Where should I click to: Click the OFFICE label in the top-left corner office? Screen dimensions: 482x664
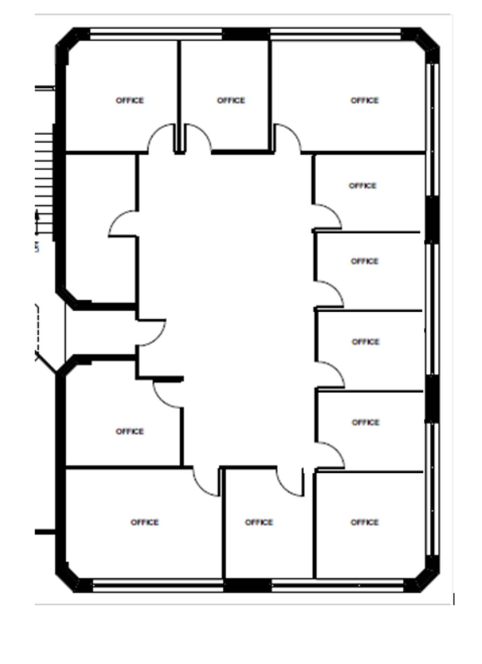pyautogui.click(x=130, y=100)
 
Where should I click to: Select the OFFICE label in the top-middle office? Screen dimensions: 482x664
pyautogui.click(x=231, y=100)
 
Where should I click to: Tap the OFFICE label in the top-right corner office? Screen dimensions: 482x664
pyautogui.click(x=365, y=100)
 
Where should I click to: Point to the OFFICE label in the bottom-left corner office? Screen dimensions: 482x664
pyautogui.click(x=145, y=522)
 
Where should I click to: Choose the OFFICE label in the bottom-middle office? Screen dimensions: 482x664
pyautogui.click(x=259, y=522)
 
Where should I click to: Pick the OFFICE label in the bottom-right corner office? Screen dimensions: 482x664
pyautogui.click(x=365, y=522)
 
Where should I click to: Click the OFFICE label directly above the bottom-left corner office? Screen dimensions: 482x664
pyautogui.click(x=130, y=431)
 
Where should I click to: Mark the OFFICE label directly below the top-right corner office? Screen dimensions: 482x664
pyautogui.click(x=363, y=186)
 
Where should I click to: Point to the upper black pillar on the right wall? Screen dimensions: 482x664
pyautogui.click(x=432, y=220)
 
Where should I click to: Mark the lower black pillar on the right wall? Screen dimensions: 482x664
pyautogui.click(x=432, y=399)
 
